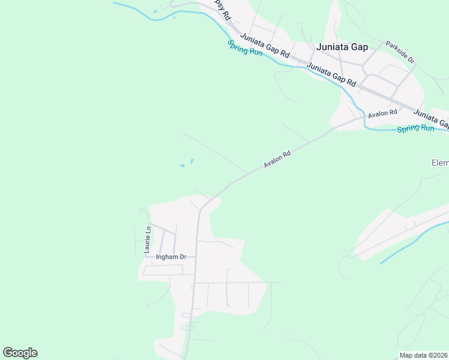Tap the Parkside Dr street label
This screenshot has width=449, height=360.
click(x=400, y=52)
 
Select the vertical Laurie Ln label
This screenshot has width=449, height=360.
click(x=147, y=239)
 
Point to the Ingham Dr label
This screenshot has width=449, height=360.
click(x=171, y=257)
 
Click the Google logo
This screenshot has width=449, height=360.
click(x=20, y=353)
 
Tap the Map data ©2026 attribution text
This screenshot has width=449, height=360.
click(x=423, y=355)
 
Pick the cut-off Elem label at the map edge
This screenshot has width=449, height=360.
click(x=440, y=163)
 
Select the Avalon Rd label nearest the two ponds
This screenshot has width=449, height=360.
click(x=277, y=160)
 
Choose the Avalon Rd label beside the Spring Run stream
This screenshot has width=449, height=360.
click(x=383, y=113)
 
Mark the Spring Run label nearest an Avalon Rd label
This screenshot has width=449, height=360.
click(x=415, y=128)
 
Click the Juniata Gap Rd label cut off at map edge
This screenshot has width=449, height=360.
click(x=431, y=118)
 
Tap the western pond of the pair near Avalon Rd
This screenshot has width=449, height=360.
click(x=182, y=166)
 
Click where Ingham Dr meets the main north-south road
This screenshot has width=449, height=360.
click(x=195, y=257)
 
